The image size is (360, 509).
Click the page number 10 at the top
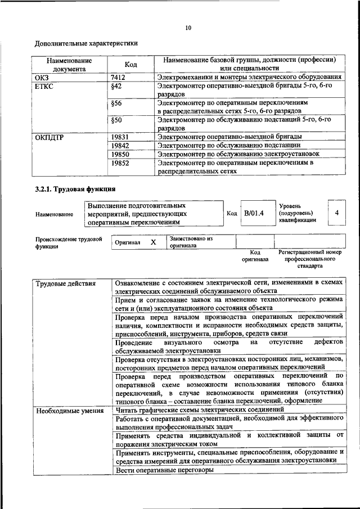(x=188, y=28)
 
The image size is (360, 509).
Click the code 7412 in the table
(x=118, y=76)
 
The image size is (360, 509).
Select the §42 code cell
(x=117, y=86)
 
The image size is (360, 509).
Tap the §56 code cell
(x=117, y=104)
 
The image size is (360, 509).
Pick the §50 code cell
(x=117, y=120)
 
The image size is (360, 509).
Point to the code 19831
(x=120, y=137)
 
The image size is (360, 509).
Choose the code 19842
(x=120, y=145)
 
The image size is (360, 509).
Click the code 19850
(x=120, y=154)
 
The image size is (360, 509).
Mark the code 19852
(x=120, y=163)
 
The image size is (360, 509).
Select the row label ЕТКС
(x=44, y=86)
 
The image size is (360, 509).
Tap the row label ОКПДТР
(x=51, y=137)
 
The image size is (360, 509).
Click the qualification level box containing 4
(x=336, y=213)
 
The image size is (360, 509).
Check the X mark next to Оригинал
(x=153, y=242)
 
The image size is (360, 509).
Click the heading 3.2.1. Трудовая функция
(x=75, y=189)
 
